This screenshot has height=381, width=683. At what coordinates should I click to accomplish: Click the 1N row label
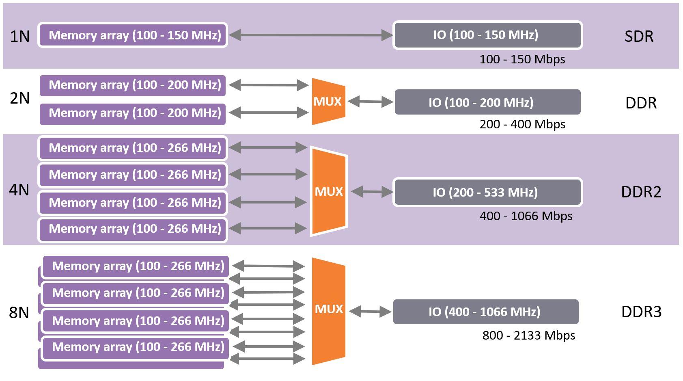click(19, 36)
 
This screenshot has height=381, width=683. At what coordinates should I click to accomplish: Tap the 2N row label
click(19, 98)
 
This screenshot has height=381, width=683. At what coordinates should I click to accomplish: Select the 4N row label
click(19, 190)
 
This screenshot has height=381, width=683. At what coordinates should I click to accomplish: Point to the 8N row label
click(19, 312)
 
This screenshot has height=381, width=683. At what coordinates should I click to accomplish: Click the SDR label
click(639, 36)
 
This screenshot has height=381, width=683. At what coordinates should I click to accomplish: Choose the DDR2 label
click(641, 192)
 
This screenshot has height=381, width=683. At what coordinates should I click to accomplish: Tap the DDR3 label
click(641, 312)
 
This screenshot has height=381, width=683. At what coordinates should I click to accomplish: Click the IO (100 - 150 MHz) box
click(487, 35)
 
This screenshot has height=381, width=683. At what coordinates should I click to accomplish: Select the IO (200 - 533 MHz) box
click(487, 192)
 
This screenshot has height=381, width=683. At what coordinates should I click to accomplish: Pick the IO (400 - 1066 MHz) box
click(485, 312)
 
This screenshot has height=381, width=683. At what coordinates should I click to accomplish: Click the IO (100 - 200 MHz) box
click(487, 102)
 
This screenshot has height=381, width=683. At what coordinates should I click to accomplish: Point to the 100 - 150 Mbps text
click(522, 59)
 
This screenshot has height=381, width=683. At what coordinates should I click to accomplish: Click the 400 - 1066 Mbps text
click(526, 216)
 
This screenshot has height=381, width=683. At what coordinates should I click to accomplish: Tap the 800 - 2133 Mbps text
click(528, 336)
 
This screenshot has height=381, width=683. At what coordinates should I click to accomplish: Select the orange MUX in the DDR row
click(328, 102)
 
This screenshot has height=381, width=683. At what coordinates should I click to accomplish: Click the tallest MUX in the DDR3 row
click(328, 311)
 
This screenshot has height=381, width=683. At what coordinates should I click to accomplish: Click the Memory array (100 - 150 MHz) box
click(133, 35)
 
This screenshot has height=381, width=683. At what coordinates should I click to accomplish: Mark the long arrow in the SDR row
click(310, 35)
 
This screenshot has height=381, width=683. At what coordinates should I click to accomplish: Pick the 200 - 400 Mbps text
click(522, 124)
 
